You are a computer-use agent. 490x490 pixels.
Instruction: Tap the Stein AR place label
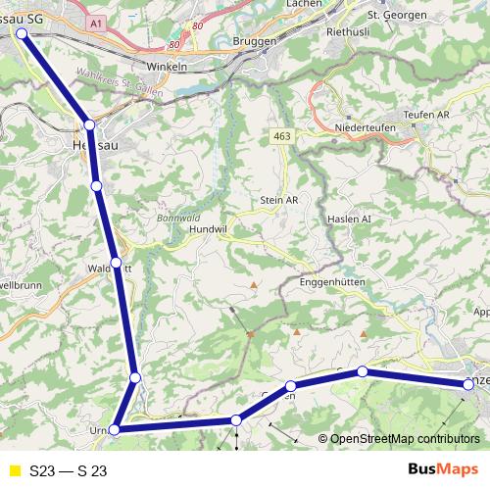point(278,200)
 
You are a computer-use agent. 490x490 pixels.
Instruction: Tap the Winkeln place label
point(166,67)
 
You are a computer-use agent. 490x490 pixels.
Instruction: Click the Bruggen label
point(257,41)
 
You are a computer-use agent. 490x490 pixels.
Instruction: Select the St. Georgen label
point(393,16)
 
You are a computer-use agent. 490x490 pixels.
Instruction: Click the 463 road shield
point(283,136)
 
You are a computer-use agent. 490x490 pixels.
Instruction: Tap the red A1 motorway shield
point(95,21)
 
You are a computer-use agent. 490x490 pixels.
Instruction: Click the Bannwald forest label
point(175,218)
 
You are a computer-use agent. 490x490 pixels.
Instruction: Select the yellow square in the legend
point(14,470)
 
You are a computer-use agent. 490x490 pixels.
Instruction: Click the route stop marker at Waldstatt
point(117,263)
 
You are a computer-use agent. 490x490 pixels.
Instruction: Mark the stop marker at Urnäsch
point(115,429)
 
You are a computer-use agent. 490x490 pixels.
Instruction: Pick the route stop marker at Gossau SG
point(22,32)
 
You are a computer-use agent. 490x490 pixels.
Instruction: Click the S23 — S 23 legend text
point(69,470)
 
